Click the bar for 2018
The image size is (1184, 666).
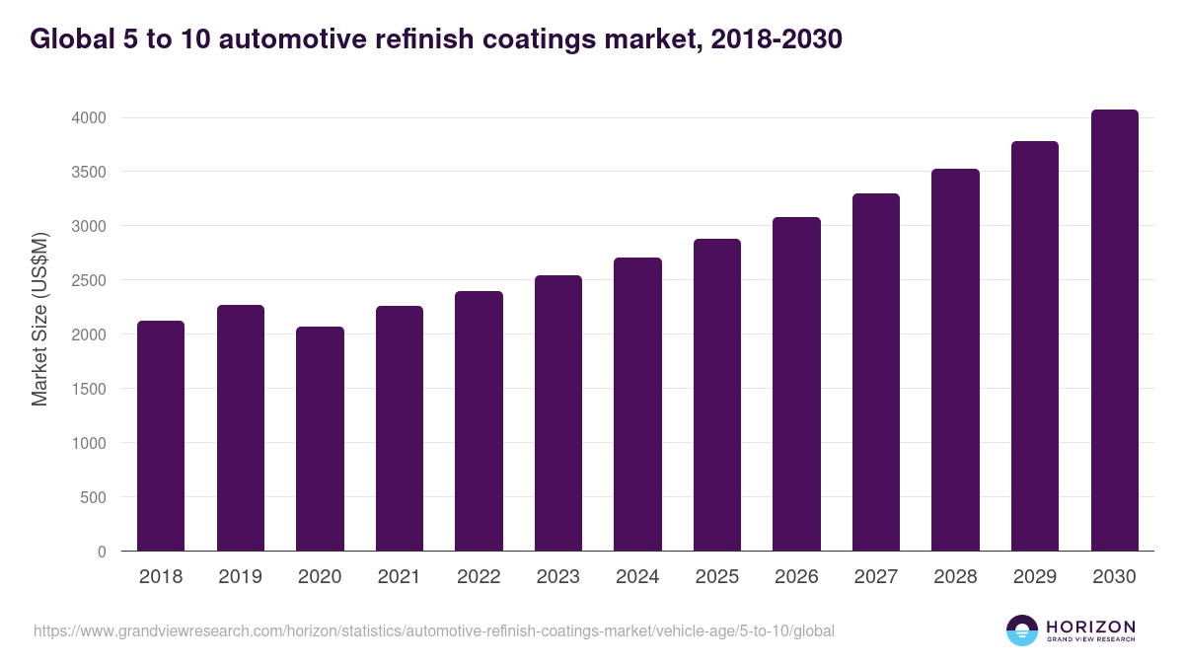161,435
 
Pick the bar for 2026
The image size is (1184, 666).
796,384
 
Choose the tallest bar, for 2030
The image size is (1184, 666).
1114,330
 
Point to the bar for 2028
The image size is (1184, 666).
955,359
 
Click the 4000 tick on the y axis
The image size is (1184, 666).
88,117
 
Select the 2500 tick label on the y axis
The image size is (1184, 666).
88,280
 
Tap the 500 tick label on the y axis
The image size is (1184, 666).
92,497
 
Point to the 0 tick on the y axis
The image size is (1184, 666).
101,552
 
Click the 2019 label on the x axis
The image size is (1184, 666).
240,577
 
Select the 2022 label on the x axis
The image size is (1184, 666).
479,577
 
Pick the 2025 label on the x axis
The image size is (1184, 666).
716,577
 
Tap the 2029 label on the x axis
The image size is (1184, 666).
1034,577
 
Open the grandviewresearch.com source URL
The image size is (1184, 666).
434,630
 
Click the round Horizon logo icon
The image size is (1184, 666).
1021,630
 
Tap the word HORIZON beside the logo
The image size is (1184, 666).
1090,626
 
